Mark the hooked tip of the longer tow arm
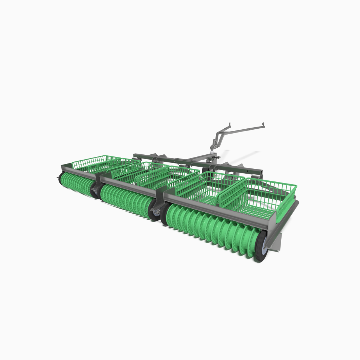[x=263, y=124]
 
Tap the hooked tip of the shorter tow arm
[x=230, y=124]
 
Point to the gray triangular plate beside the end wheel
[x=276, y=243]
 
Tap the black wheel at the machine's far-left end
[x=60, y=178]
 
